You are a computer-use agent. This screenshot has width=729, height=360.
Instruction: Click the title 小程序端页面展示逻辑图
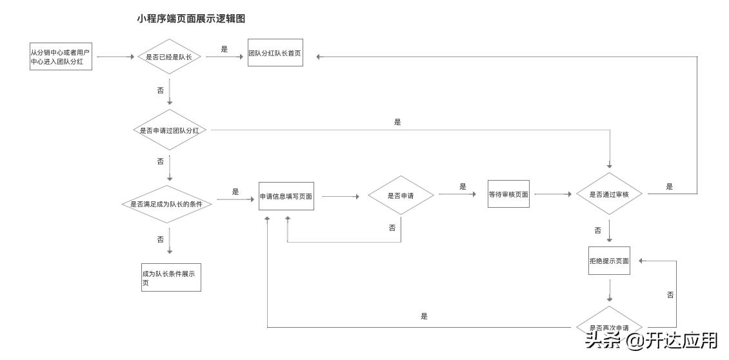(191, 19)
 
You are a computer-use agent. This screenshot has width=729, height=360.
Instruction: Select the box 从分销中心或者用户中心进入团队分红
(61, 57)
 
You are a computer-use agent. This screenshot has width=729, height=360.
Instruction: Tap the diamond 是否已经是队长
(169, 57)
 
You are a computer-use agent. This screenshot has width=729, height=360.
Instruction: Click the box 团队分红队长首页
(275, 54)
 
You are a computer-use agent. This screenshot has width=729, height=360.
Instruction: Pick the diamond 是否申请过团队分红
(169, 130)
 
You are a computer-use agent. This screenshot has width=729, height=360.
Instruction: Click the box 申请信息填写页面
(286, 196)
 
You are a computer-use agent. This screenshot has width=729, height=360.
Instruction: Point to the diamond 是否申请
(401, 195)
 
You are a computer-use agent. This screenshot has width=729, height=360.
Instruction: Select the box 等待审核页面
(508, 194)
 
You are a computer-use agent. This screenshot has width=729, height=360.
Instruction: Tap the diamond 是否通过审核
(609, 194)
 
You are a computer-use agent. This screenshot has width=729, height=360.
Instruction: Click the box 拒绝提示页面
(609, 261)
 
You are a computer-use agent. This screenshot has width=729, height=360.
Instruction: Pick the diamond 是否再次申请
(609, 326)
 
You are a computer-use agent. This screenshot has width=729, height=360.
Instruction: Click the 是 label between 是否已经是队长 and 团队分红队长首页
(225, 49)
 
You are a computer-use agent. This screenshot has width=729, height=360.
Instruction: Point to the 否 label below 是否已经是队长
(161, 91)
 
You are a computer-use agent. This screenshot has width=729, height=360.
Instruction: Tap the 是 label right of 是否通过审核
(670, 186)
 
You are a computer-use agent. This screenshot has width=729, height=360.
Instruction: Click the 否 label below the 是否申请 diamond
(392, 228)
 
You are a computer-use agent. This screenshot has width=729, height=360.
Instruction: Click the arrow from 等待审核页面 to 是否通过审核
(552, 194)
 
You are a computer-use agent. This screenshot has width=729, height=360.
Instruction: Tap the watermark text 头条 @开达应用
(651, 340)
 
